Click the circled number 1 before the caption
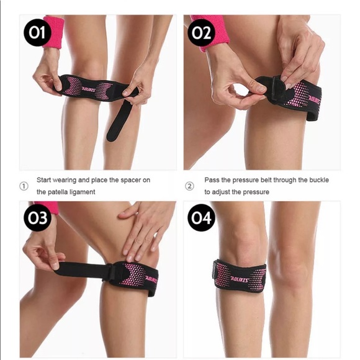[24, 186]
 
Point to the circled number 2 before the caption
[190, 186]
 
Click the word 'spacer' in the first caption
[126, 180]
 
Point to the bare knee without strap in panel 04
[298, 267]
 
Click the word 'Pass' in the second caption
[212, 180]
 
